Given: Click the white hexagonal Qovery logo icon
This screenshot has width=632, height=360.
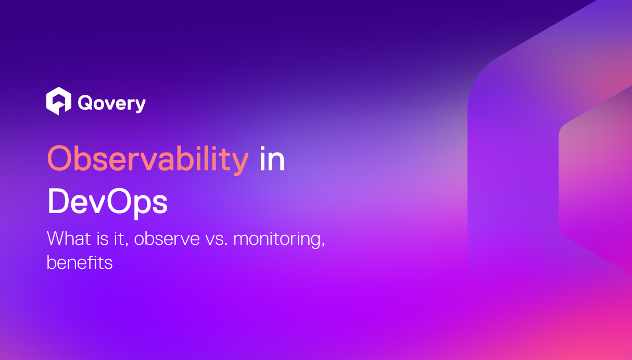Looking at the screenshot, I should [58, 101].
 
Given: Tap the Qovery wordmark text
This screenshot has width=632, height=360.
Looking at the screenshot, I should [111, 103].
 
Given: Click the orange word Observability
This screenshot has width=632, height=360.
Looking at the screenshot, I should [148, 160].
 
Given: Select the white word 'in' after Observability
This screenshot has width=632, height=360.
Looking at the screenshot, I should [272, 160].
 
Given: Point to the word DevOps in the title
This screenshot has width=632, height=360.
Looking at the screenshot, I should [107, 203].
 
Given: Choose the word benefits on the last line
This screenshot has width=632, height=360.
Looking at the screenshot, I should [79, 262].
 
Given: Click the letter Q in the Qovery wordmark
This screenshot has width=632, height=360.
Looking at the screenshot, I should [84, 103].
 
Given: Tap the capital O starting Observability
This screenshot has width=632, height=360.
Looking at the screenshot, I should [59, 160].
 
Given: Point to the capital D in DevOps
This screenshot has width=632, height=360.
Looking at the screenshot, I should [59, 203].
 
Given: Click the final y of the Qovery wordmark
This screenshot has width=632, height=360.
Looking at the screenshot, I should [140, 105].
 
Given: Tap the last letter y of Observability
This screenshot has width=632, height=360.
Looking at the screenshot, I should [240, 163].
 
